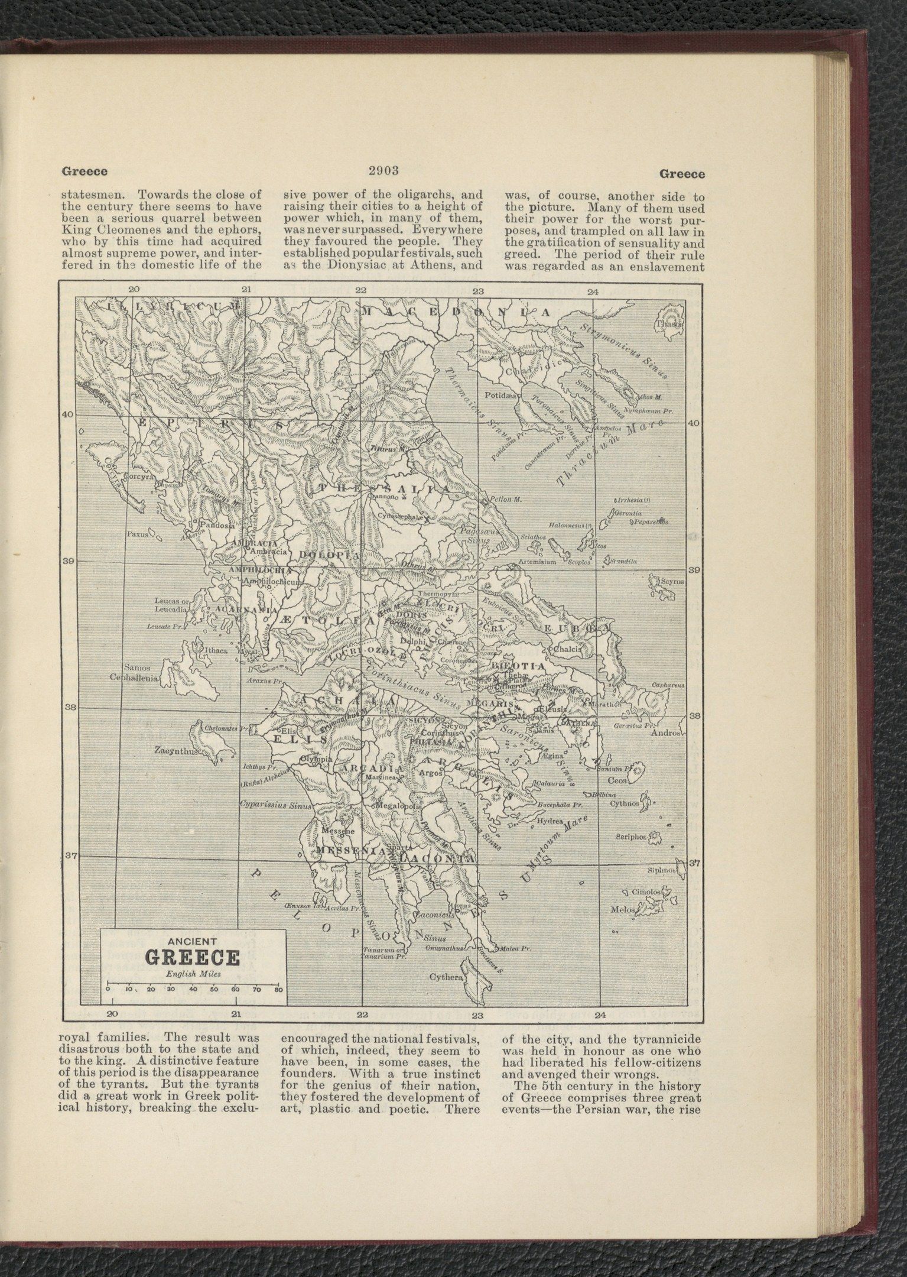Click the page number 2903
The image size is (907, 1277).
(385, 171)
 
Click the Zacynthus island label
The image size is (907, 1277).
(175, 751)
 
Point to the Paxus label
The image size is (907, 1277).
(137, 534)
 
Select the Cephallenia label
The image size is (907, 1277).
(134, 678)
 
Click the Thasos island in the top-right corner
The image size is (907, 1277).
(669, 323)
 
